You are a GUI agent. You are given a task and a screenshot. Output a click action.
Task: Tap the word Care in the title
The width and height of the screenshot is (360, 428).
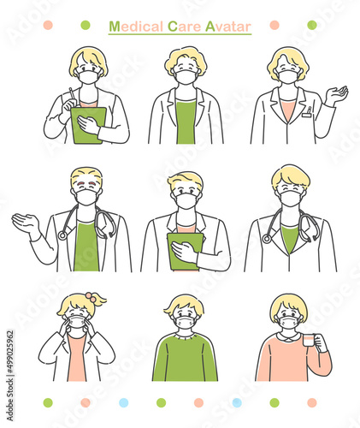184,27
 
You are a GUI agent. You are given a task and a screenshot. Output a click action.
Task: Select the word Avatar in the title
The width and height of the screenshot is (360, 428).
228,27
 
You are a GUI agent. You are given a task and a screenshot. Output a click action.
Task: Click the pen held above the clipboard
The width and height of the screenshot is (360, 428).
72,94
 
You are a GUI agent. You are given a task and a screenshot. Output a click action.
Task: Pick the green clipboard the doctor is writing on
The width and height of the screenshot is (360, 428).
88,125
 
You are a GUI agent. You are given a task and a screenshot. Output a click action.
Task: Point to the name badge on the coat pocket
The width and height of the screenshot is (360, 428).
307,113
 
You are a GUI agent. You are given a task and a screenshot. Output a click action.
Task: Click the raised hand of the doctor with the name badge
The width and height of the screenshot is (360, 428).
337,95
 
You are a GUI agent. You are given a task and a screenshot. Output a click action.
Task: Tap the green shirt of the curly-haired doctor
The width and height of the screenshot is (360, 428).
186,121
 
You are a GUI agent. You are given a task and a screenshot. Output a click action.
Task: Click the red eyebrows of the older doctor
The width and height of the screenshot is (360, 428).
86,182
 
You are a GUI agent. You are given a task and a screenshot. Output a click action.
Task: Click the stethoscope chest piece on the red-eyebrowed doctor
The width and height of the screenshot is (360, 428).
62,235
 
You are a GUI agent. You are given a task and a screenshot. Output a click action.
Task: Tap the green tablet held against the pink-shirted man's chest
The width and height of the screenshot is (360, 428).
186,252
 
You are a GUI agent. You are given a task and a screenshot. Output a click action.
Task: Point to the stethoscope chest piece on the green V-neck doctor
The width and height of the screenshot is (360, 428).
267,238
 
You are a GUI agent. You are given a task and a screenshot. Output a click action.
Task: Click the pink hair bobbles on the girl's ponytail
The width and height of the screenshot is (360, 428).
91,296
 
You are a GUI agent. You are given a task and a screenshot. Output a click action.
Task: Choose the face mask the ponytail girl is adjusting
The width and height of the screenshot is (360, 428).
77,322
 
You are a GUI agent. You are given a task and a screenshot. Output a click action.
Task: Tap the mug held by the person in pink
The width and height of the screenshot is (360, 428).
310,340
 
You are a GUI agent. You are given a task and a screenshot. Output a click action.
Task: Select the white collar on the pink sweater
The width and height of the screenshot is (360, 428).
289,336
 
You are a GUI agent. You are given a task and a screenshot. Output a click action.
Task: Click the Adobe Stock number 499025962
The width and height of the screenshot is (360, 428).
10,352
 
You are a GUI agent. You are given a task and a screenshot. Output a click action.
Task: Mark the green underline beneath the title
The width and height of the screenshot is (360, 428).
180,34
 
